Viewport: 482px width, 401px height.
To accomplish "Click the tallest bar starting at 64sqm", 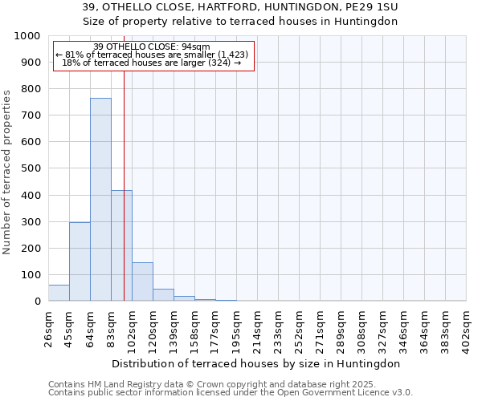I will click(100, 200).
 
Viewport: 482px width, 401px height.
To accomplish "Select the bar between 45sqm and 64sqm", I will click(80, 261).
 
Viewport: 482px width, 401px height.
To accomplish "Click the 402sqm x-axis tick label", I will click(467, 329).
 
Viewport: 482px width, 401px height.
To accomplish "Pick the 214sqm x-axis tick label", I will click(258, 329).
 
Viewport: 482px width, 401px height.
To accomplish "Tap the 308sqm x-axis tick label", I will click(362, 329).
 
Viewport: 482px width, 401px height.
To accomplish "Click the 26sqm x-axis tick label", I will click(49, 329).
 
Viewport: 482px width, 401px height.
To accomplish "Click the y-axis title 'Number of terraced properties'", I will click(7, 172).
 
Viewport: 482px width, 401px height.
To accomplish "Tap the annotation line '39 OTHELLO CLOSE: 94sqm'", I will click(152, 47).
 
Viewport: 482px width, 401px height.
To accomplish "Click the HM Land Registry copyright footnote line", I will click(218, 384).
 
